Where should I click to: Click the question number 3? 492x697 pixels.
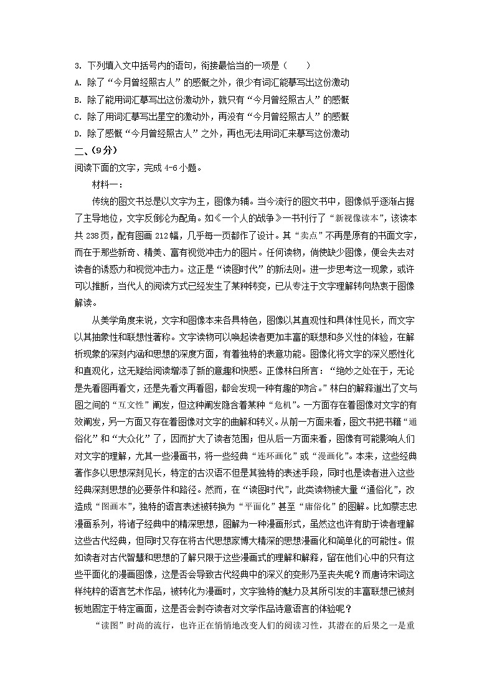tap(76, 65)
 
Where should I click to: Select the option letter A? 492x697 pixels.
tap(76, 82)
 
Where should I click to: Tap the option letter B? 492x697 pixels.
tap(76, 100)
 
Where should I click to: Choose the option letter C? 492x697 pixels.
tap(76, 116)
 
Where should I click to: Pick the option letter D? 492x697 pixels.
tap(76, 133)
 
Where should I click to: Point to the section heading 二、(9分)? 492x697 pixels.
tap(95, 150)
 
